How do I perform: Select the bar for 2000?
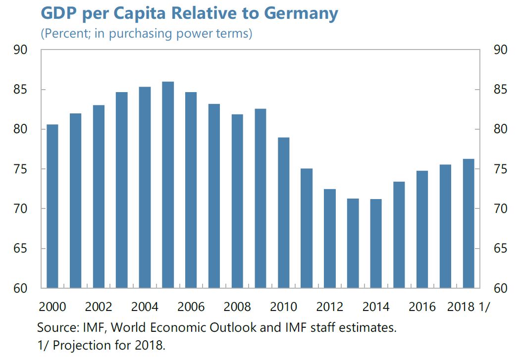(52, 206)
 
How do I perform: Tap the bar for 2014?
(376, 243)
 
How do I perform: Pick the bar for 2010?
(283, 212)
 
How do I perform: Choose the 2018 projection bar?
(468, 223)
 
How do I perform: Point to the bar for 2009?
(260, 198)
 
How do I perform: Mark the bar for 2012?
(330, 238)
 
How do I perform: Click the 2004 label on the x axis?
(145, 307)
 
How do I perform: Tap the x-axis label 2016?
(422, 307)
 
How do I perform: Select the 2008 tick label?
(237, 307)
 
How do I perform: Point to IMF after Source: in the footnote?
(87, 328)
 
